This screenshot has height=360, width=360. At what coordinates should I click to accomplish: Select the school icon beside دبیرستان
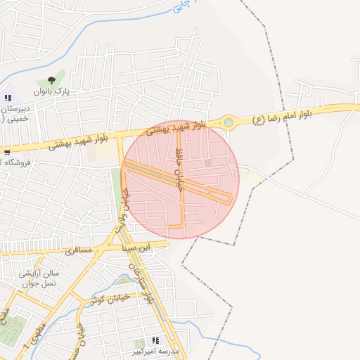[x=8, y=98]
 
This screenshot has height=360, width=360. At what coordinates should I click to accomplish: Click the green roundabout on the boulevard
[x=228, y=123]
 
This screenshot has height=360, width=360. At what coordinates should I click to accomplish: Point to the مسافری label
[x=78, y=250]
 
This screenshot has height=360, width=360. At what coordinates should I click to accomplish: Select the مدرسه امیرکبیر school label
[x=156, y=350]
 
